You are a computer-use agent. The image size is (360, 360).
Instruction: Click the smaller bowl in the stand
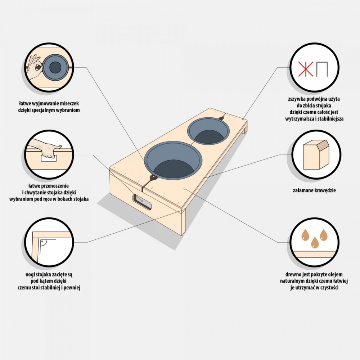[x=207, y=131]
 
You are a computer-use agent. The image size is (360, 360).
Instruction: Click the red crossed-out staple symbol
[x=306, y=69]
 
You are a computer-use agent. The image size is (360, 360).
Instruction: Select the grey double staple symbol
[x=322, y=69]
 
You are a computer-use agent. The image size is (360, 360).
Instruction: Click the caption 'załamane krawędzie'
[x=315, y=190]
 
